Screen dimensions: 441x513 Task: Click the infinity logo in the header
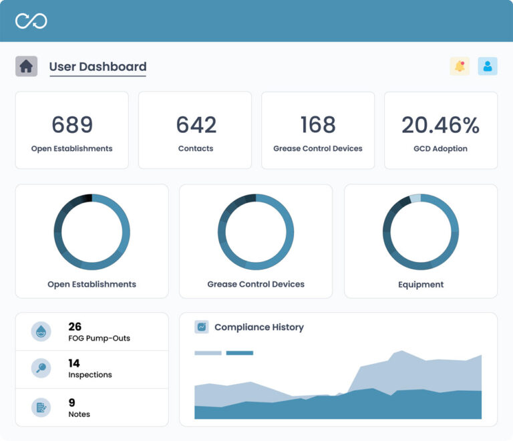click(31, 21)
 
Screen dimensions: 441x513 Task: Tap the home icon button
click(26, 66)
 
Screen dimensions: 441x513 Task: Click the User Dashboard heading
click(98, 67)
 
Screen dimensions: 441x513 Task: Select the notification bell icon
click(460, 66)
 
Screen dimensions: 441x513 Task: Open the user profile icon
click(488, 66)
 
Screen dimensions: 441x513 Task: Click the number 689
click(72, 125)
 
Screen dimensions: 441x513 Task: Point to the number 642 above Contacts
click(196, 125)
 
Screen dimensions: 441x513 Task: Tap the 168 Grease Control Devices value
click(318, 125)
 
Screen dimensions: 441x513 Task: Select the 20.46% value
click(440, 125)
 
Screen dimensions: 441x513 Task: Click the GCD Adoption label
click(440, 148)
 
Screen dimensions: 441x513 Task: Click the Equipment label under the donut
click(421, 285)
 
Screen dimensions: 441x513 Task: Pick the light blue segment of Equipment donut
click(415, 198)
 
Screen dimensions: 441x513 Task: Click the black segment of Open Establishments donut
click(86, 198)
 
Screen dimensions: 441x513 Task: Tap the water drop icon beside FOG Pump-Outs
click(41, 331)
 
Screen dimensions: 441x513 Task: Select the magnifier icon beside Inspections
click(41, 368)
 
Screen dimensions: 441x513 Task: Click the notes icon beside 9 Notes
click(41, 407)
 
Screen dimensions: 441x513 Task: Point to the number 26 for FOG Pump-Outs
click(75, 327)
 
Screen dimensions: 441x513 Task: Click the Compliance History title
click(259, 327)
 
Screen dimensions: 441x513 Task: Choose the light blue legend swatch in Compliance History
click(208, 353)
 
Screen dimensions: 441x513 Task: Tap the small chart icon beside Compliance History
click(202, 327)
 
